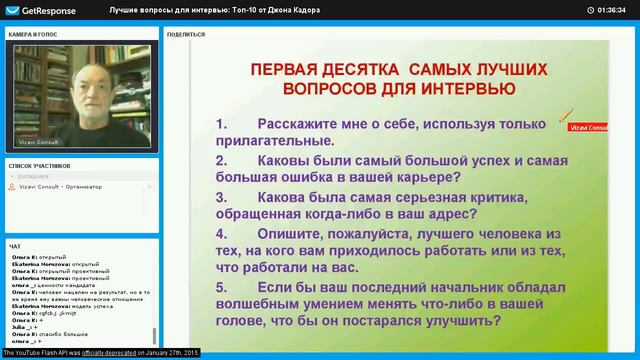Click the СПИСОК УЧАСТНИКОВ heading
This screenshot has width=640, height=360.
click(x=39, y=163)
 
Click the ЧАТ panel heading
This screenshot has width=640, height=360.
click(x=14, y=245)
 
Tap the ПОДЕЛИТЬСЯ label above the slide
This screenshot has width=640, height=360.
click(x=186, y=33)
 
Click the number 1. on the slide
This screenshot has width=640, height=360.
click(x=222, y=125)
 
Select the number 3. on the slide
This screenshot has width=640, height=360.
click(x=222, y=197)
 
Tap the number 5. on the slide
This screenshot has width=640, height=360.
click(x=222, y=287)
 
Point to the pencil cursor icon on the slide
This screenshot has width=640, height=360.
click(x=565, y=115)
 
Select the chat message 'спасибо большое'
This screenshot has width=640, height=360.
click(x=70, y=333)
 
